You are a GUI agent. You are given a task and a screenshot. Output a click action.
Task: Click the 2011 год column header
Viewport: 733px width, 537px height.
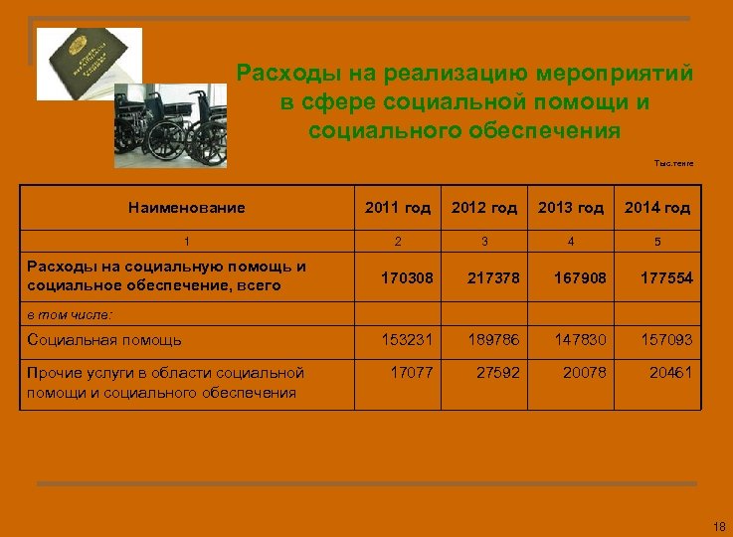pyautogui.click(x=398, y=208)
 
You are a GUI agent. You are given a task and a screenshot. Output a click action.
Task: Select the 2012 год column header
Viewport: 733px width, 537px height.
pyautogui.click(x=484, y=208)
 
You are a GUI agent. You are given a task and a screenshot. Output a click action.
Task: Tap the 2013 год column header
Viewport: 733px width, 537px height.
pyautogui.click(x=571, y=208)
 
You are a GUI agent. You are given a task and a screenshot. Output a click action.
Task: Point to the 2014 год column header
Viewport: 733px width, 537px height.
pyautogui.click(x=657, y=208)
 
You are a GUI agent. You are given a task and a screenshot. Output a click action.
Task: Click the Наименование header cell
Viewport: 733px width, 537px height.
pyautogui.click(x=187, y=208)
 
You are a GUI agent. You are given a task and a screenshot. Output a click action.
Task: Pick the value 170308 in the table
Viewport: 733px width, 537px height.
pyautogui.click(x=408, y=277)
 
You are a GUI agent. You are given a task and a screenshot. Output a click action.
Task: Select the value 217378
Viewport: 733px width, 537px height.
pyautogui.click(x=493, y=277)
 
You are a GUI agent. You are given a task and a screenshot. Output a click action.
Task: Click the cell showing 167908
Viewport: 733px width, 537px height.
pyautogui.click(x=580, y=277)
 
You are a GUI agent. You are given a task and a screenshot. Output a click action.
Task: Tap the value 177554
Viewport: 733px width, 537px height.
pyautogui.click(x=666, y=277)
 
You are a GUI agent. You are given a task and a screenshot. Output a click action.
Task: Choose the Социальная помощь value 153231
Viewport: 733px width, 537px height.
pyautogui.click(x=408, y=340)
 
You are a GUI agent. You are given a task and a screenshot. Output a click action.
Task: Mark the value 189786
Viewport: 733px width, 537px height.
pyautogui.click(x=493, y=340)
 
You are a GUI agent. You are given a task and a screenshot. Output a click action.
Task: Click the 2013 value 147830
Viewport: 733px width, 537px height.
pyautogui.click(x=580, y=340)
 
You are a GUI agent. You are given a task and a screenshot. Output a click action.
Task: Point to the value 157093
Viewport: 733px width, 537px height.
pyautogui.click(x=666, y=340)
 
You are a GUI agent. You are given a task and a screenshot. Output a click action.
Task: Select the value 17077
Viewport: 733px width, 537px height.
pyautogui.click(x=411, y=373)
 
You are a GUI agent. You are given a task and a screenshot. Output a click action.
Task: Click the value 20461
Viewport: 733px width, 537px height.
pyautogui.click(x=670, y=373)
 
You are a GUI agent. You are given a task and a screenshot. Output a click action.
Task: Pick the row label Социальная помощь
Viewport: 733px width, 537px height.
pyautogui.click(x=104, y=340)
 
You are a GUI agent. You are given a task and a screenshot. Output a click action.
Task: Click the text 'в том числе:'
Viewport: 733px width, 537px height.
pyautogui.click(x=70, y=313)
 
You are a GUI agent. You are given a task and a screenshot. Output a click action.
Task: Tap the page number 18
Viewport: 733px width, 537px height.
pyautogui.click(x=720, y=525)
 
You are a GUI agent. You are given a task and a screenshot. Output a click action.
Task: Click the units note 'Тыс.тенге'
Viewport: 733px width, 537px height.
pyautogui.click(x=674, y=163)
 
